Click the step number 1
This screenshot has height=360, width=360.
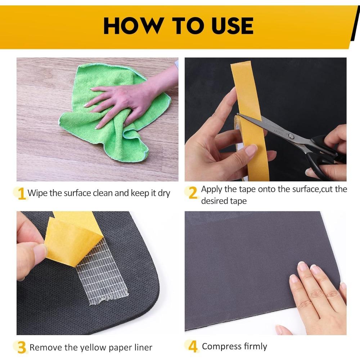(x=21, y=194)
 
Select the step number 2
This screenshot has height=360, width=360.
(x=193, y=192)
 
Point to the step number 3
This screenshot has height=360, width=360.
(x=22, y=347)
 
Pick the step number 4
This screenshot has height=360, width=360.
(x=193, y=346)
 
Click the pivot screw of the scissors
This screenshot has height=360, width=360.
(x=291, y=136)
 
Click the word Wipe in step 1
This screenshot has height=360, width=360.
(x=38, y=193)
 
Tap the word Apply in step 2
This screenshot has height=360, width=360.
(x=212, y=190)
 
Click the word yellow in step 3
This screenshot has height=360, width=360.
(x=93, y=348)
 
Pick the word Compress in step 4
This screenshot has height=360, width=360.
(x=221, y=347)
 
